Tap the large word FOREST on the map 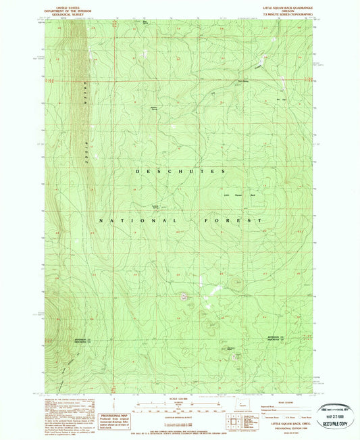tap(230, 220)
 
